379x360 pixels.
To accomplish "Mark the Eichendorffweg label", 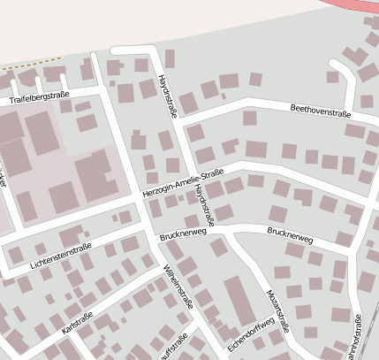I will point(251,333).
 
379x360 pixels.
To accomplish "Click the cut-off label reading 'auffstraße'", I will point(171,348).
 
